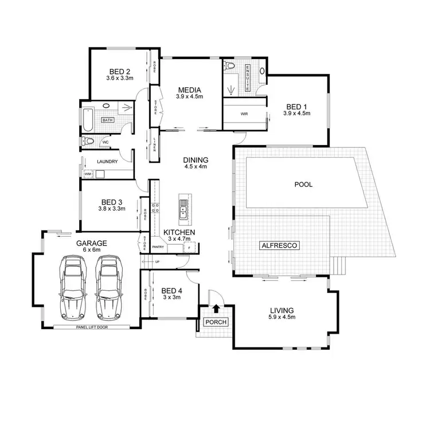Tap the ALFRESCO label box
click(279, 245)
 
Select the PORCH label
click(216, 322)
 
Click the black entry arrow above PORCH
click(216, 308)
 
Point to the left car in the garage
click(74, 286)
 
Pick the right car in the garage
click(109, 286)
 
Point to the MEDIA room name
click(189, 90)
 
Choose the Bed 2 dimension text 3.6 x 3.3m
click(120, 78)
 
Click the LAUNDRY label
click(107, 162)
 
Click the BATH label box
click(107, 120)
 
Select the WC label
click(105, 142)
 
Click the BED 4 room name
click(171, 291)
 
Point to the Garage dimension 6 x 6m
click(88, 250)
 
